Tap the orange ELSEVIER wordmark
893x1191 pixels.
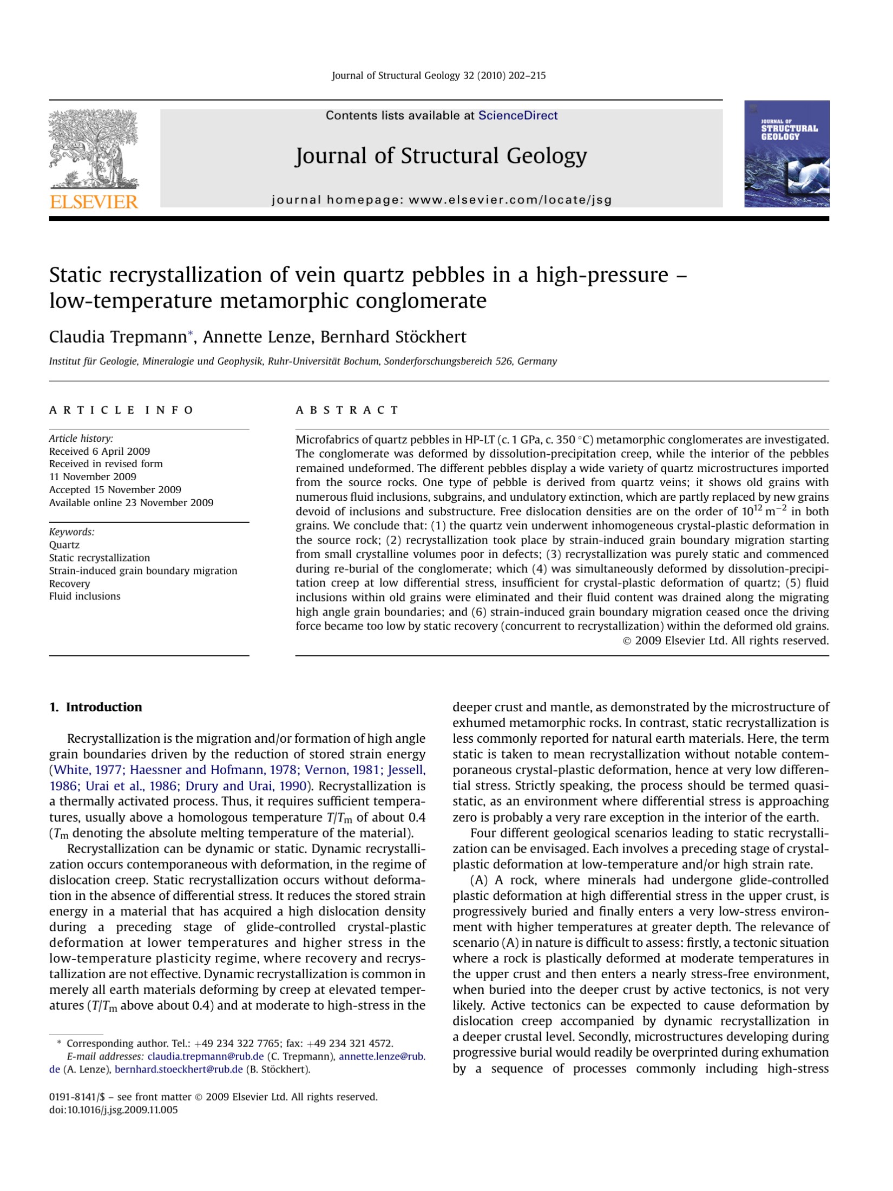click(x=94, y=202)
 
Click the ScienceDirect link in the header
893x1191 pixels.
click(x=517, y=115)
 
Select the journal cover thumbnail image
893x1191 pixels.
click(x=786, y=154)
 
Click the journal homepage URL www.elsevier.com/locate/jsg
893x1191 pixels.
click(x=510, y=200)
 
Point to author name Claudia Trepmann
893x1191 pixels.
click(x=117, y=337)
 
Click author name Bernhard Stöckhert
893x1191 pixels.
click(x=393, y=337)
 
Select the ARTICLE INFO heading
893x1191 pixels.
click(x=121, y=410)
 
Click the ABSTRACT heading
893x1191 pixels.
click(x=346, y=410)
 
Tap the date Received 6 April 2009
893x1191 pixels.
click(x=100, y=451)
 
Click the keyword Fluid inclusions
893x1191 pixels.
click(x=84, y=596)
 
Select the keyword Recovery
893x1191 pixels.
click(x=69, y=583)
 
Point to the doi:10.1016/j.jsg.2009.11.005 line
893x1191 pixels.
click(x=113, y=1109)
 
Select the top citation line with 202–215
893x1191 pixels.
click(x=438, y=76)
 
